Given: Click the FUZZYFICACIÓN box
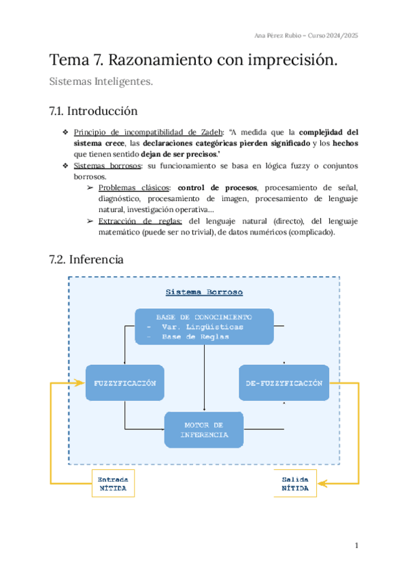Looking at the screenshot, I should click(x=124, y=383).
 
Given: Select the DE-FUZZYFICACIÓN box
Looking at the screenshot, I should click(x=284, y=383).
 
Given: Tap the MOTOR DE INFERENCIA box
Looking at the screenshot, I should click(x=204, y=429).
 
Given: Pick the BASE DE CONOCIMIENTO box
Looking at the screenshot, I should click(x=204, y=327).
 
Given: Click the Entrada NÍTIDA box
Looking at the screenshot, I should click(x=113, y=484).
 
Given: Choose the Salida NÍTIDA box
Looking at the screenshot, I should click(x=295, y=484).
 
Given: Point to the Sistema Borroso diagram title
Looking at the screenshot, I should click(x=204, y=292).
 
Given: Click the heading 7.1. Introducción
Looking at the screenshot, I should click(x=93, y=111).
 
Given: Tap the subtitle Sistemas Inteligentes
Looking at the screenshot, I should click(x=101, y=82).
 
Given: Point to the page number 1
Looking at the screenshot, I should click(x=356, y=545).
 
